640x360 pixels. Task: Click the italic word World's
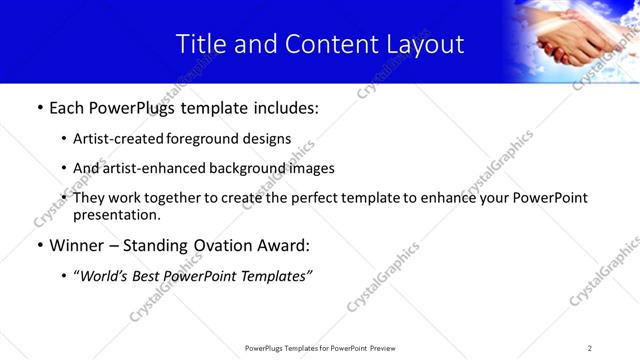(105, 275)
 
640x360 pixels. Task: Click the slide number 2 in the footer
(589, 348)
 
